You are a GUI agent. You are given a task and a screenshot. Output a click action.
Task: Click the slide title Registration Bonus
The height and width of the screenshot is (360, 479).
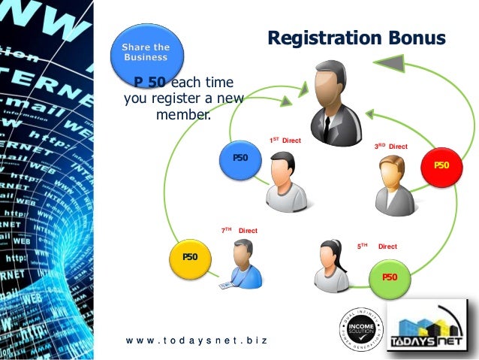coord(357,38)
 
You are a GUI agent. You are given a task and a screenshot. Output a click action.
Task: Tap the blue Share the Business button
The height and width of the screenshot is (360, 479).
coord(146,52)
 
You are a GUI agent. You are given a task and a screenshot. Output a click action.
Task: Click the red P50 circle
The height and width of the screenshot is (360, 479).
coord(442,164)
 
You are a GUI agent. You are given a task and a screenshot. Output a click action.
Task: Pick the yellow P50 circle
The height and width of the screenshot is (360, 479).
coord(190,257)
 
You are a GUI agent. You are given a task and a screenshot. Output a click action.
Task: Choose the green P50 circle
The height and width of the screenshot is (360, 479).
coord(389,277)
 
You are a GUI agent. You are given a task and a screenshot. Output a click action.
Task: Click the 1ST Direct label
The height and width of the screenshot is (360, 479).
coord(285,141)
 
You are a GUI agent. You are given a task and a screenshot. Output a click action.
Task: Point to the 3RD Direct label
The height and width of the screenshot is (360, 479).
coord(390,147)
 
